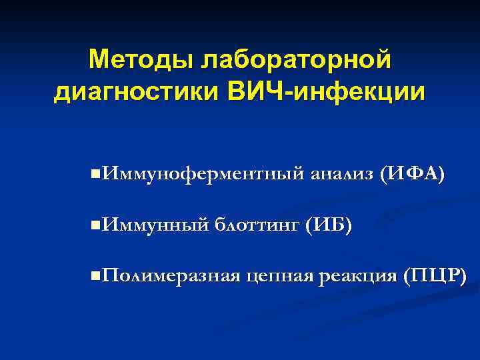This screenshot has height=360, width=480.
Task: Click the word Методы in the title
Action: pyautogui.click(x=135, y=61)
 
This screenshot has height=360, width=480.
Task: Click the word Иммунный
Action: pyautogui.click(x=154, y=225)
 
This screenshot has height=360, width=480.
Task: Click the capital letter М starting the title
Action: pyautogui.click(x=99, y=61)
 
